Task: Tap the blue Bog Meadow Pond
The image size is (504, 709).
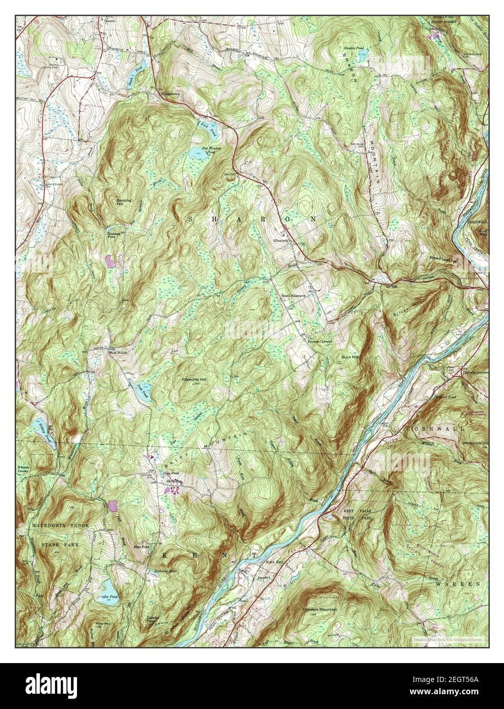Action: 196,153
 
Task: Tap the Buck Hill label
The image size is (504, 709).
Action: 351,357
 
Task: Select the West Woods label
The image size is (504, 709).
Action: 116,352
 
